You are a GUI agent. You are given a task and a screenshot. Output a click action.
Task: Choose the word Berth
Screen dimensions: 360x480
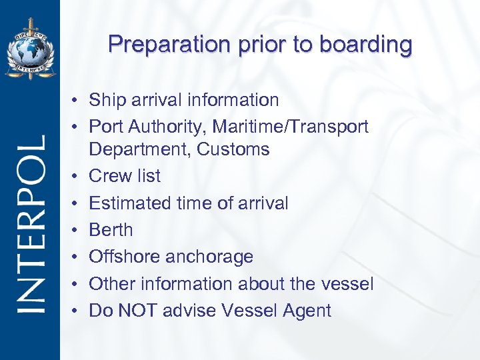pyautogui.click(x=111, y=230)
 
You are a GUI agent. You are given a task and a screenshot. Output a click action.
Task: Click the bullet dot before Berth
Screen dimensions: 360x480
pyautogui.click(x=77, y=231)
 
